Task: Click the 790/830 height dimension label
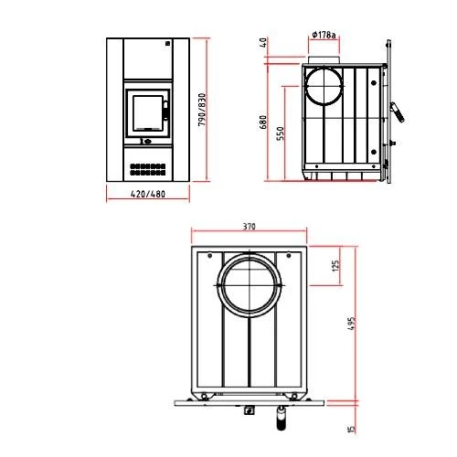(202, 110)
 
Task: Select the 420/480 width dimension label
(148, 194)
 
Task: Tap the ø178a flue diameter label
(324, 35)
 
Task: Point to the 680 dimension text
(263, 122)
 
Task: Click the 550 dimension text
(281, 133)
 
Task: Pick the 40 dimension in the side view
(264, 42)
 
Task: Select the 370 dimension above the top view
(250, 227)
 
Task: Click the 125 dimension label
(335, 266)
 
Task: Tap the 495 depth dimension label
(351, 324)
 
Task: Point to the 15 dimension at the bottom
(351, 429)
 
